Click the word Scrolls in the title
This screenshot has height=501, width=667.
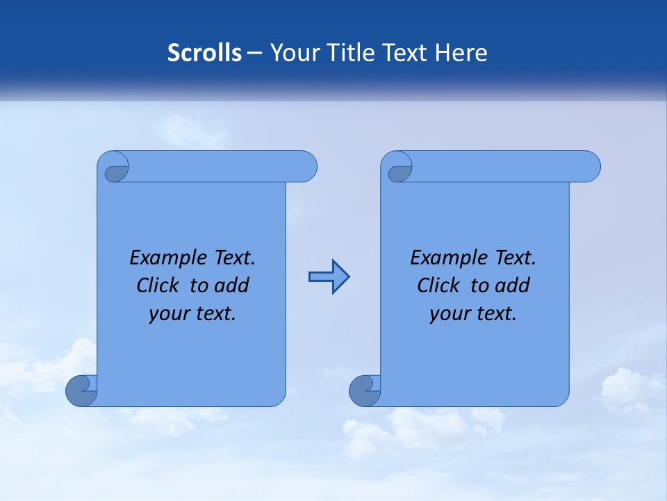[x=205, y=53]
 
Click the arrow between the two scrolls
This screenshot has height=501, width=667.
[x=329, y=277]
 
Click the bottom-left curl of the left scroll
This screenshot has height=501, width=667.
[x=81, y=390]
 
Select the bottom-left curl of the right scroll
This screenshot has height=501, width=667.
[x=364, y=390]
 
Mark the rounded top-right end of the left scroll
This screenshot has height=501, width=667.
[x=306, y=166]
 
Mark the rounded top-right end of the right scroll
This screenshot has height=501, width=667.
[x=589, y=166]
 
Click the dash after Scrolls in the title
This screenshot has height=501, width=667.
[x=254, y=53]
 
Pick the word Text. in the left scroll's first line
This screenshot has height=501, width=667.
[x=234, y=257]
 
